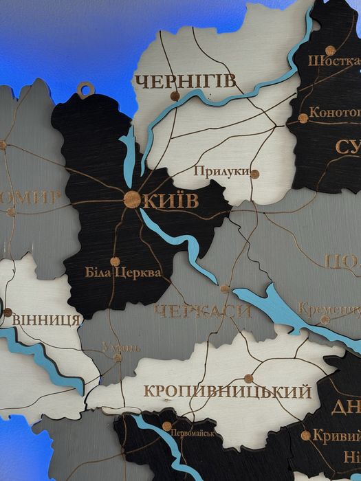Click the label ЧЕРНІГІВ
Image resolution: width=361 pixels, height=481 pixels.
[186, 82]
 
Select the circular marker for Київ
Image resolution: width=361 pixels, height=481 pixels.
[131, 199]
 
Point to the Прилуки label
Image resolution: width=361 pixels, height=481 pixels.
[220, 171]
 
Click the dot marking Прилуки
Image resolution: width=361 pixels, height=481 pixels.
[254, 174]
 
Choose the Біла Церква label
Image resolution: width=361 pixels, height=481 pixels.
[123, 273]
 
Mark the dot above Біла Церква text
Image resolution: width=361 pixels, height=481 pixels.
[115, 261]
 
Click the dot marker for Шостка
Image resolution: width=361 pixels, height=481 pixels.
[330, 50]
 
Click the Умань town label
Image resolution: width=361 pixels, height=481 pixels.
[121, 347]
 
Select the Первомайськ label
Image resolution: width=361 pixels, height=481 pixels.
[192, 434]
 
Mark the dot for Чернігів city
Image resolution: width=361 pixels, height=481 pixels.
[175, 96]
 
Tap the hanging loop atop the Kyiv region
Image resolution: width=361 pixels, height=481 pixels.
[85, 88]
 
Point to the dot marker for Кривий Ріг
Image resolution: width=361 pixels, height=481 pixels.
[305, 435]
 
